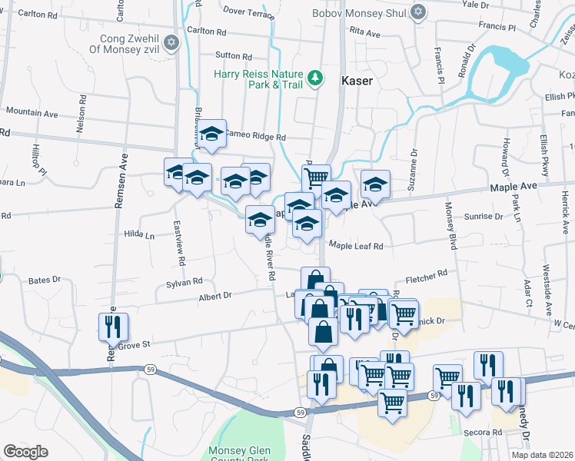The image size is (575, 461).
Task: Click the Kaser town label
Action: coord(357,80)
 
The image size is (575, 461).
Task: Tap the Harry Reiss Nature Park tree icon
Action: coord(314,77)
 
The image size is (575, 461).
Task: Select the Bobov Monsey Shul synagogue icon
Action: coord(418,12)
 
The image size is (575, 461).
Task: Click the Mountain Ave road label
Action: coord(32,113)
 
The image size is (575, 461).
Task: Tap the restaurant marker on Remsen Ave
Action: coord(112,326)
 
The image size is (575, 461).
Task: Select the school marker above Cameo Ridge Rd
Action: coord(211,134)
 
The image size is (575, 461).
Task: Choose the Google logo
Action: coord(25,452)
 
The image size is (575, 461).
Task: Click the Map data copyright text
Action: coord(542,455)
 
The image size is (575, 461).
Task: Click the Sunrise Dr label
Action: coord(484,217)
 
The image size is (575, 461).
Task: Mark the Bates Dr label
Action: coord(45,281)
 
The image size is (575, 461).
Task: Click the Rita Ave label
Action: coord(364,33)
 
